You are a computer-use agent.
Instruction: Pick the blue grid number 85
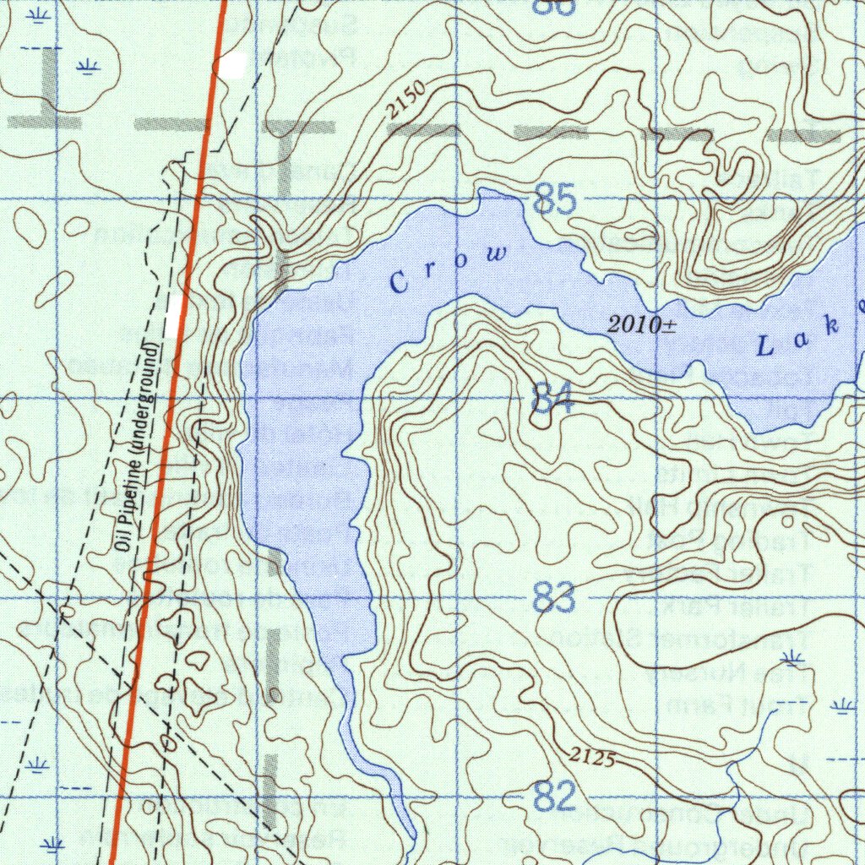pos(556,202)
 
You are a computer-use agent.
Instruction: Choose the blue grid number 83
pos(555,598)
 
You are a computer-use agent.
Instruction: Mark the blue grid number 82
pos(555,797)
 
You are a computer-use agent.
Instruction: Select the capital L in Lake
pos(765,345)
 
